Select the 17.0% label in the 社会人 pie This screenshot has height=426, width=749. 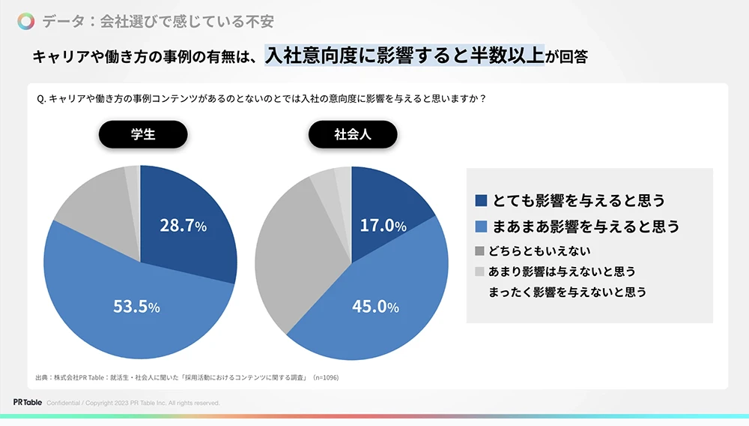coord(383,225)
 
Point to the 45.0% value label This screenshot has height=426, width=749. coord(375,306)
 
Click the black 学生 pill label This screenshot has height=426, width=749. coord(143,135)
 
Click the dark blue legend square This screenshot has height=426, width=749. coord(481,200)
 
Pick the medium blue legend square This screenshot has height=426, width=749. coord(481,226)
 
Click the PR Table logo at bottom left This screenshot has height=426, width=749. coord(27,403)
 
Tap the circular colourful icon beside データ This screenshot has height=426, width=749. coord(26,21)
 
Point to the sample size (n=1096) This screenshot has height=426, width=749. coord(325,377)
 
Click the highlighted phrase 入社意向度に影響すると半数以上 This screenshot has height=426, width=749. coord(404,55)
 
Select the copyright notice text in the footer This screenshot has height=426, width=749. coord(133,403)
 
